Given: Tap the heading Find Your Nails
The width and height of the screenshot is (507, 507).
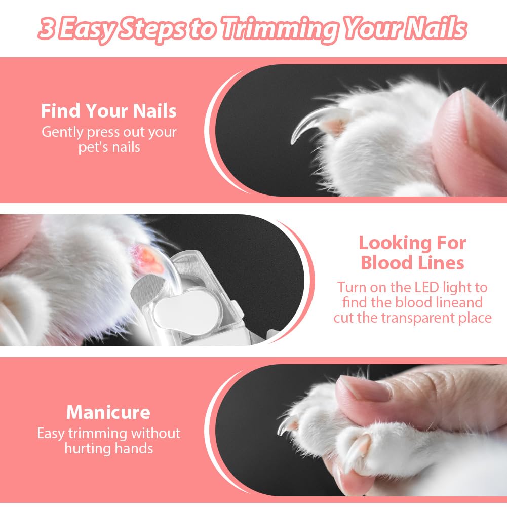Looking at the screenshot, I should click(x=108, y=110).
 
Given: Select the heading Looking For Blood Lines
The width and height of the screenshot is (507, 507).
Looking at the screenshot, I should click(x=412, y=253).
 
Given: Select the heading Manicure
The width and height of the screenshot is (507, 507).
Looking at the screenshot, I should click(x=108, y=412).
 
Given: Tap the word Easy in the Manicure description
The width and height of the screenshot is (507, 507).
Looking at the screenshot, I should click(x=55, y=434).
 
